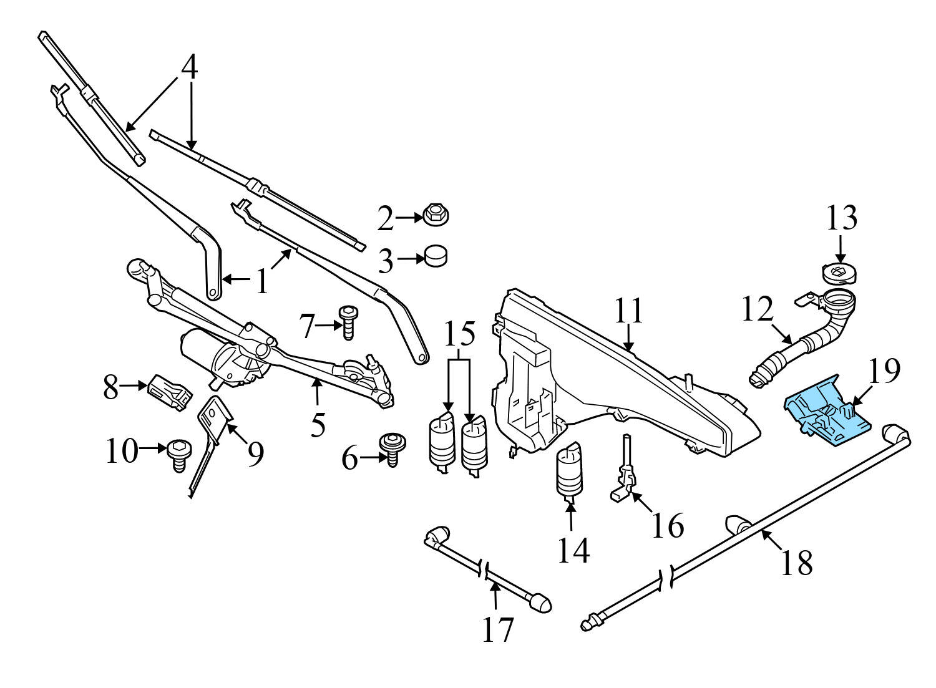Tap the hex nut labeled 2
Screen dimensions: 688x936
click(436, 216)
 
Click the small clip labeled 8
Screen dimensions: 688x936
click(170, 392)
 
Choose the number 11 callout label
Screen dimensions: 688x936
click(628, 311)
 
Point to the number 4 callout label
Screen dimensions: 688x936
click(190, 67)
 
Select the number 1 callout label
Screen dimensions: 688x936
click(262, 281)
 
